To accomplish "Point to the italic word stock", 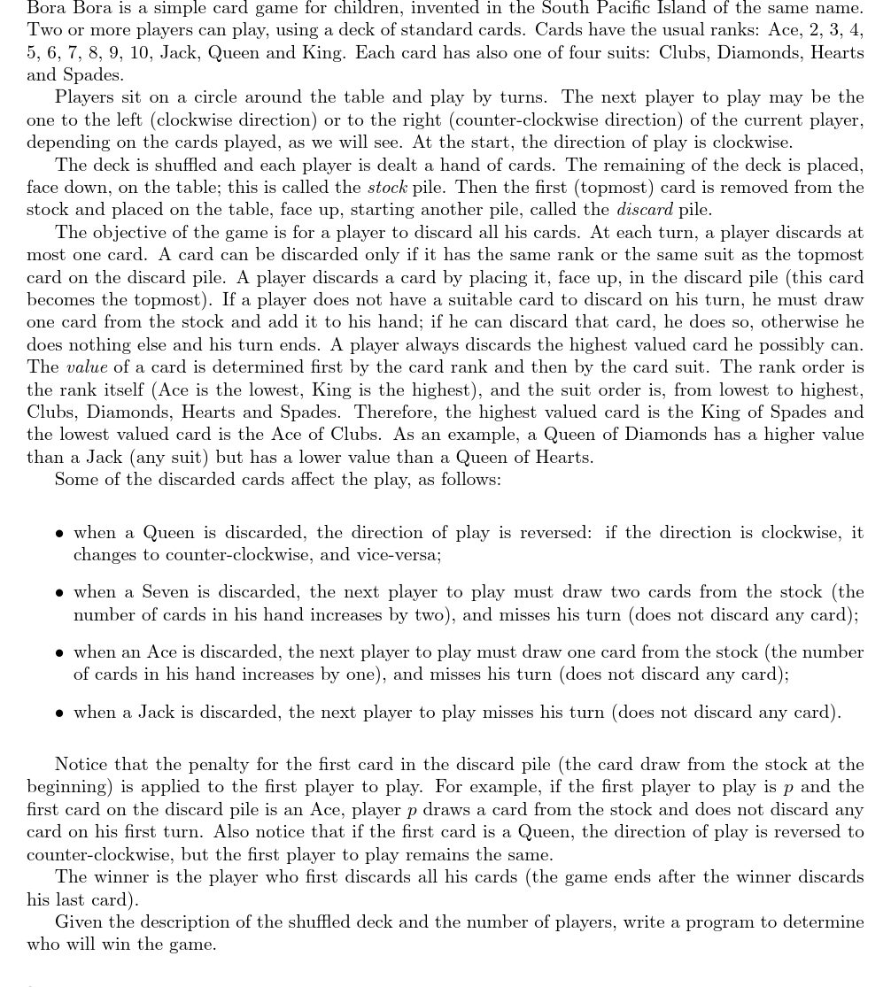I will (387, 187).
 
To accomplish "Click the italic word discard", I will (644, 210).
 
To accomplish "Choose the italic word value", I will (87, 367).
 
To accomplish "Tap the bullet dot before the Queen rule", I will (58, 534).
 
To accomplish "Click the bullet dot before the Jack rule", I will (58, 713).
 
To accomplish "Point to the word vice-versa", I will (396, 555).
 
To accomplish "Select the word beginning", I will (71, 787).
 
